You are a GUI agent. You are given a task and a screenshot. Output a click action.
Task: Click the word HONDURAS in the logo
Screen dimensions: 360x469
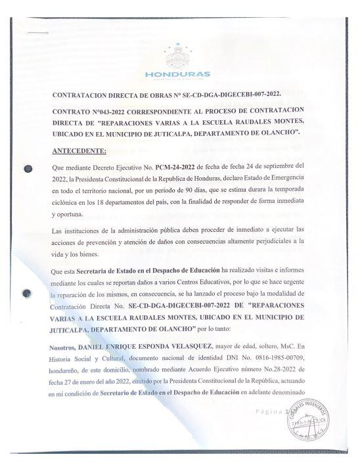point(177,74)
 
